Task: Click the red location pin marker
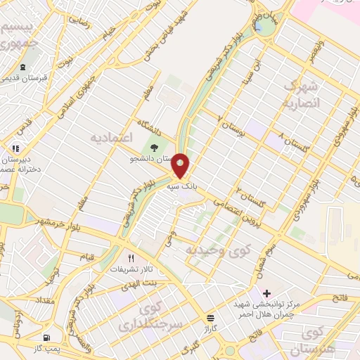click(181, 166)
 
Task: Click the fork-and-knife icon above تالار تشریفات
click(130, 258)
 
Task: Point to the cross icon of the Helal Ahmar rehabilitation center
click(266, 292)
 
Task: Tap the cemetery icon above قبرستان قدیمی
click(23, 68)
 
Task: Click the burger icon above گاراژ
click(212, 317)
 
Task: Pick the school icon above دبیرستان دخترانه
click(15, 149)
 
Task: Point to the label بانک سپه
click(181, 188)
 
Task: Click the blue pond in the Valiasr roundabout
click(260, 27)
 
